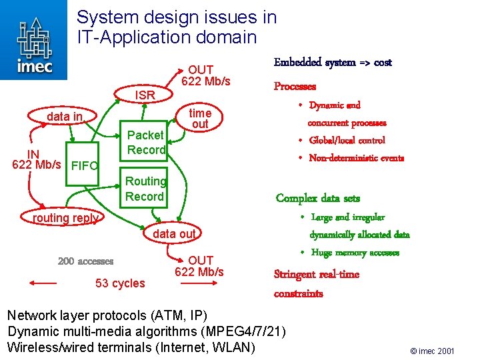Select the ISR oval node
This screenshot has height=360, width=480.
[145, 95]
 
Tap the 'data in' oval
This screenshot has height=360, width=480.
[65, 117]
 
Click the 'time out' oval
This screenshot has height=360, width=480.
[199, 119]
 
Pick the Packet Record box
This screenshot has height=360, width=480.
[145, 143]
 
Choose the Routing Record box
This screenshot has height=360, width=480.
[145, 189]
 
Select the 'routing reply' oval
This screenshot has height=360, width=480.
[65, 218]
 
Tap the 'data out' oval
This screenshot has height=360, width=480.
[174, 233]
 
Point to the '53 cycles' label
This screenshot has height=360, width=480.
[120, 283]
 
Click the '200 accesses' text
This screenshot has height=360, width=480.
[85, 261]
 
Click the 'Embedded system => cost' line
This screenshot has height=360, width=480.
[333, 63]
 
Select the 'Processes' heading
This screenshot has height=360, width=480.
[295, 87]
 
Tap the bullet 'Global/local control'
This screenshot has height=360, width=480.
[347, 140]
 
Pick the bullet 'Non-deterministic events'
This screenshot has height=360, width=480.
[356, 158]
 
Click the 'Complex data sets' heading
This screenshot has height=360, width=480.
[317, 198]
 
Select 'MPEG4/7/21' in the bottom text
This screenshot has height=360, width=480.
[247, 331]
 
